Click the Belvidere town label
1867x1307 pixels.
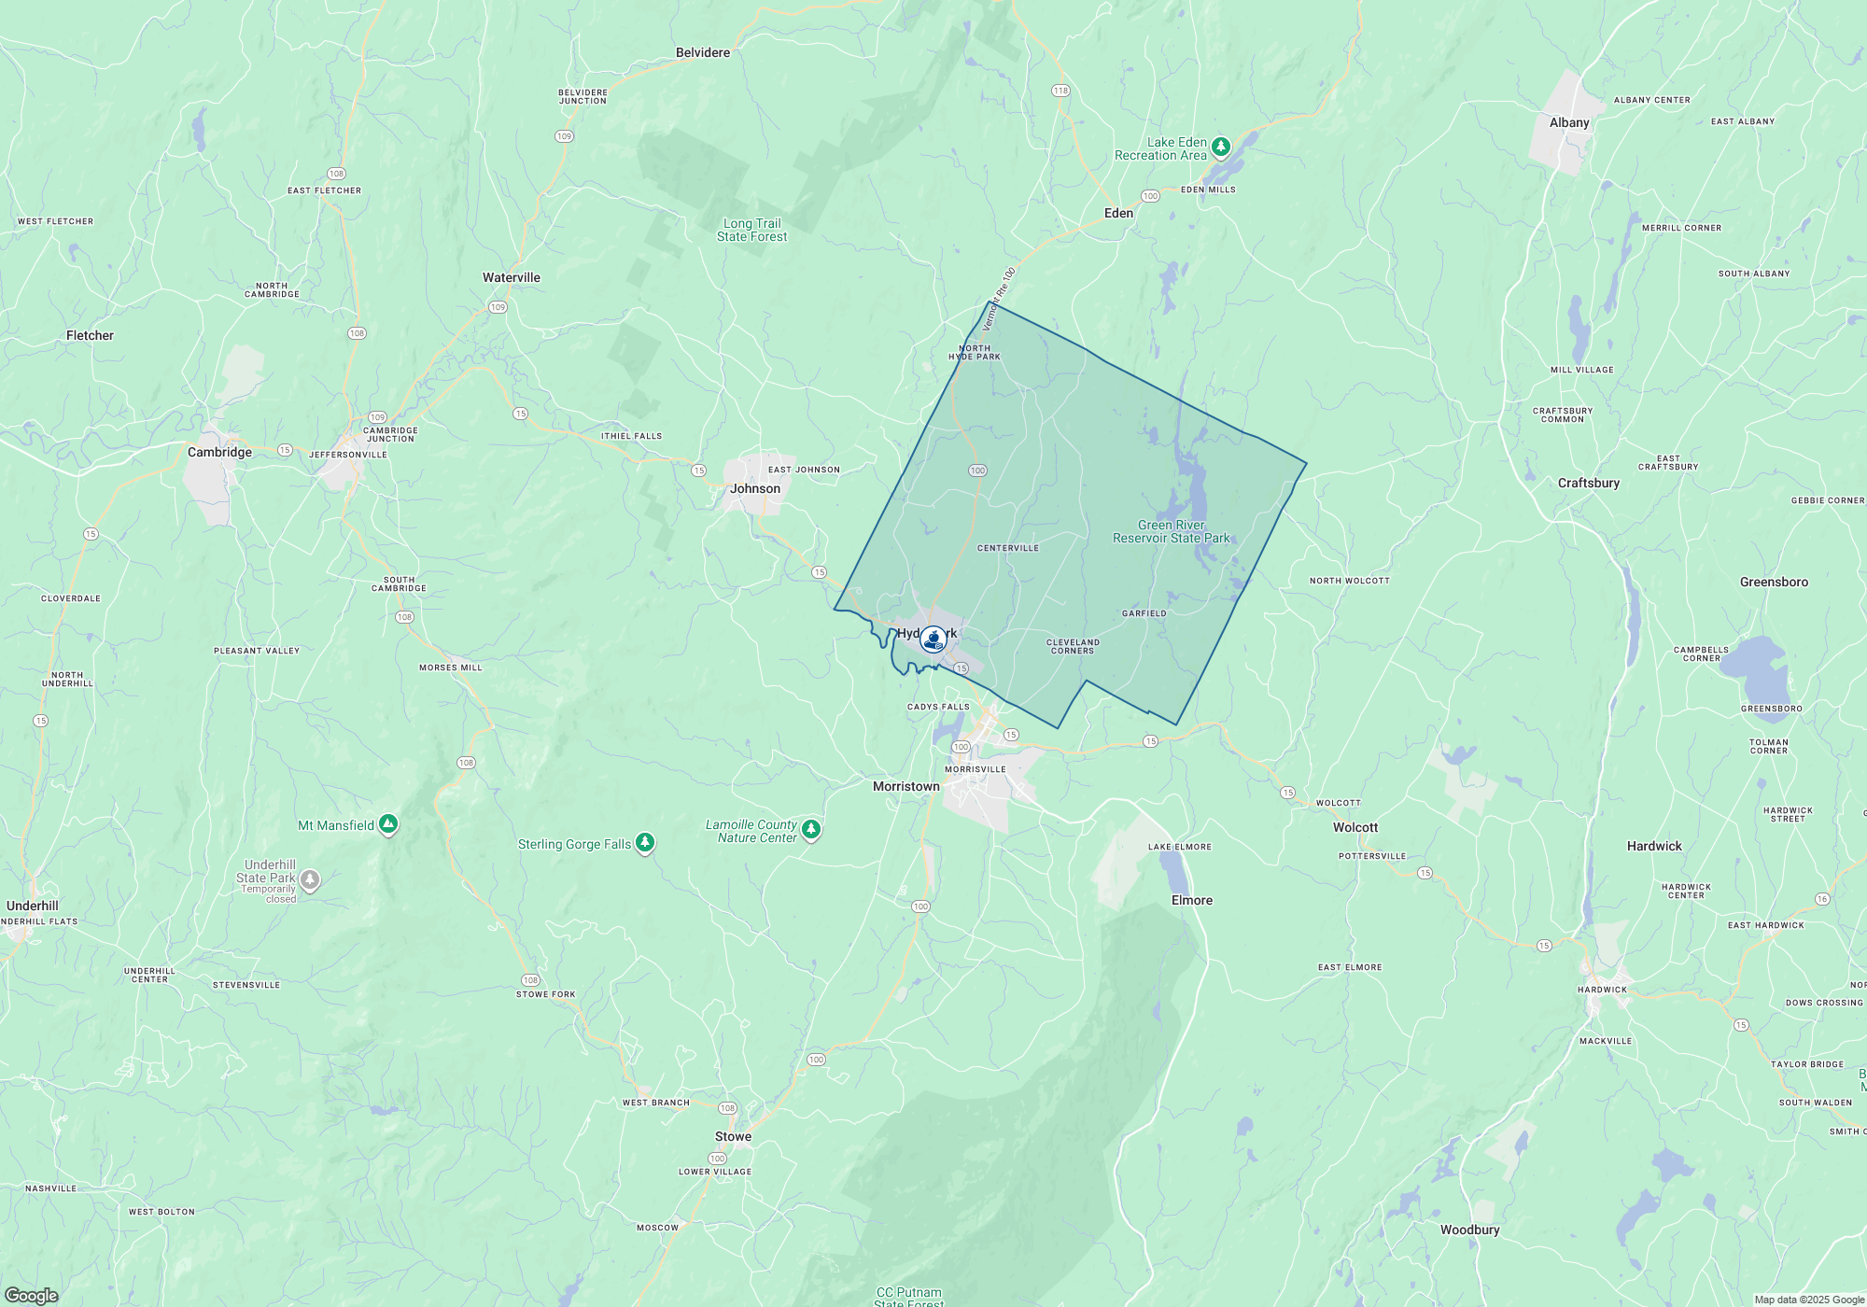point(703,53)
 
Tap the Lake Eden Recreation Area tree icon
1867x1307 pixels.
point(1220,148)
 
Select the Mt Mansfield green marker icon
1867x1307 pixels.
point(388,824)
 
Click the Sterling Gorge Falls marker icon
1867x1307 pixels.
point(644,843)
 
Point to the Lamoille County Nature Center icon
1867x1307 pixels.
point(811,829)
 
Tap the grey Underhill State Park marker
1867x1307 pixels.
point(310,879)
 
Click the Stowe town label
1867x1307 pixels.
point(733,1136)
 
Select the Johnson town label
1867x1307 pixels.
point(755,488)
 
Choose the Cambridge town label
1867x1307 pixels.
point(219,452)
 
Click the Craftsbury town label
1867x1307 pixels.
point(1589,483)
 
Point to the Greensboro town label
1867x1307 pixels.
point(1774,582)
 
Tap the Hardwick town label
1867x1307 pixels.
point(1654,846)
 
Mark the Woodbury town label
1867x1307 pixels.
point(1469,1230)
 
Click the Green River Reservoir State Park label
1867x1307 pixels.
point(1172,532)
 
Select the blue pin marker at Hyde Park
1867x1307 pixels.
point(933,639)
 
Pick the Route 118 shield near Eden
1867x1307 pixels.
point(1060,91)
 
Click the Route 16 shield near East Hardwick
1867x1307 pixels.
point(1822,899)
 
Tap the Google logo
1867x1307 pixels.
point(31,1296)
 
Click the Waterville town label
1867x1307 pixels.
point(512,277)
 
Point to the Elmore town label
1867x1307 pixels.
point(1192,900)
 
